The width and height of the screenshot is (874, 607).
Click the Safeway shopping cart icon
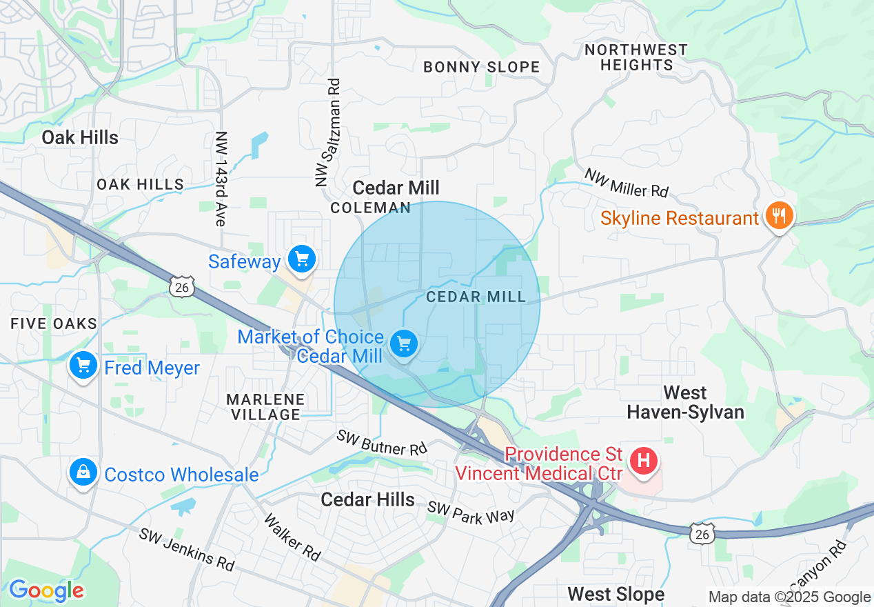point(301,259)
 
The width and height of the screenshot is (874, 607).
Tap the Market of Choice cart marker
point(404,343)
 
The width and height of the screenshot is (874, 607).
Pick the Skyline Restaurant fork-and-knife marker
point(779,215)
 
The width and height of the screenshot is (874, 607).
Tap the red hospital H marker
point(644,459)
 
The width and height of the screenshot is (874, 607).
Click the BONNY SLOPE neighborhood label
point(481,67)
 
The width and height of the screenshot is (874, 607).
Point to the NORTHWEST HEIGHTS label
point(636,57)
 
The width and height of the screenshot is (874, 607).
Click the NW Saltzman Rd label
point(328,132)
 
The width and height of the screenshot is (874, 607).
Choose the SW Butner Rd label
point(382,443)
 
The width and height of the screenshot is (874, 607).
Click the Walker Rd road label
point(293,537)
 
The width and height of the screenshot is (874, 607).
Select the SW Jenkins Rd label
point(187,549)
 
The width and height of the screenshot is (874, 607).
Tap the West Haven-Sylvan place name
point(685,402)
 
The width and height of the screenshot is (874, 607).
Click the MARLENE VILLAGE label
point(265,407)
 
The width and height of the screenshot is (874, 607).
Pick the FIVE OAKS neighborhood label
point(54,324)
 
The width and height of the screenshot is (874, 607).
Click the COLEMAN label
point(370,208)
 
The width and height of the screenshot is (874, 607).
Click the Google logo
point(45,590)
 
